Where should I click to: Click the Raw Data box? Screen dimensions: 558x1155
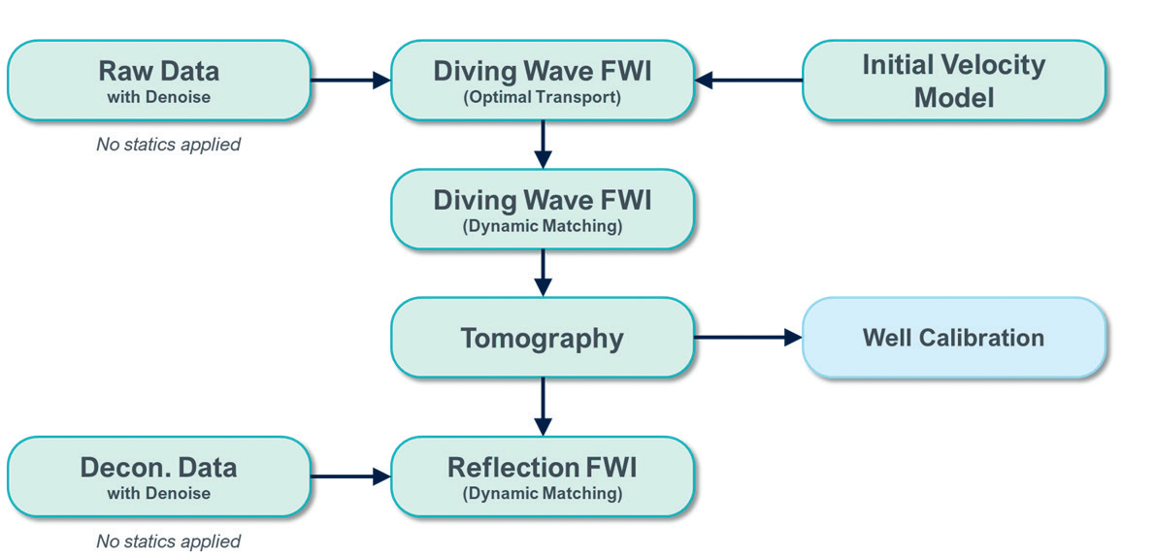158,81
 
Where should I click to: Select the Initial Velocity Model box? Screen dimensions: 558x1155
953,81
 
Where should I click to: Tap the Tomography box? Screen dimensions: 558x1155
542,338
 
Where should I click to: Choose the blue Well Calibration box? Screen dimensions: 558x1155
953,338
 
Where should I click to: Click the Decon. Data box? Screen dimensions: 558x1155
158,476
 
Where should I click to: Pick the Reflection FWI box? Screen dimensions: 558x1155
542,476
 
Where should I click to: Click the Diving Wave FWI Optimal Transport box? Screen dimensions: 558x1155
542,81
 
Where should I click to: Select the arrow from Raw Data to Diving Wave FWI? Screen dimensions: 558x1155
349,81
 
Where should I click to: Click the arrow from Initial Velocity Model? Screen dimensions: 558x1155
748,81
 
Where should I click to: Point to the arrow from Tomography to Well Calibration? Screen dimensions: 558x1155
748,338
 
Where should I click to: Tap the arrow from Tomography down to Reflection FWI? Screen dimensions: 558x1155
543,407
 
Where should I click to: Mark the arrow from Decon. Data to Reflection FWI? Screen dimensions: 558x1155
349,476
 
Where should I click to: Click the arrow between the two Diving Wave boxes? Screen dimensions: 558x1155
543,145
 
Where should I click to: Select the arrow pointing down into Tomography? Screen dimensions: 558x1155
543,273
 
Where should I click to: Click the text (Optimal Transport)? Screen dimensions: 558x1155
542,98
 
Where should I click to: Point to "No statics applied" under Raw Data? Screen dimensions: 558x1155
168,145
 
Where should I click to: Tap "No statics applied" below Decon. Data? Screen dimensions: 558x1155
168,541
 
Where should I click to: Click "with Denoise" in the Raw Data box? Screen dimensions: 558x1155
158,97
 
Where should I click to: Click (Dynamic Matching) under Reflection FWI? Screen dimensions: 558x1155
542,494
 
